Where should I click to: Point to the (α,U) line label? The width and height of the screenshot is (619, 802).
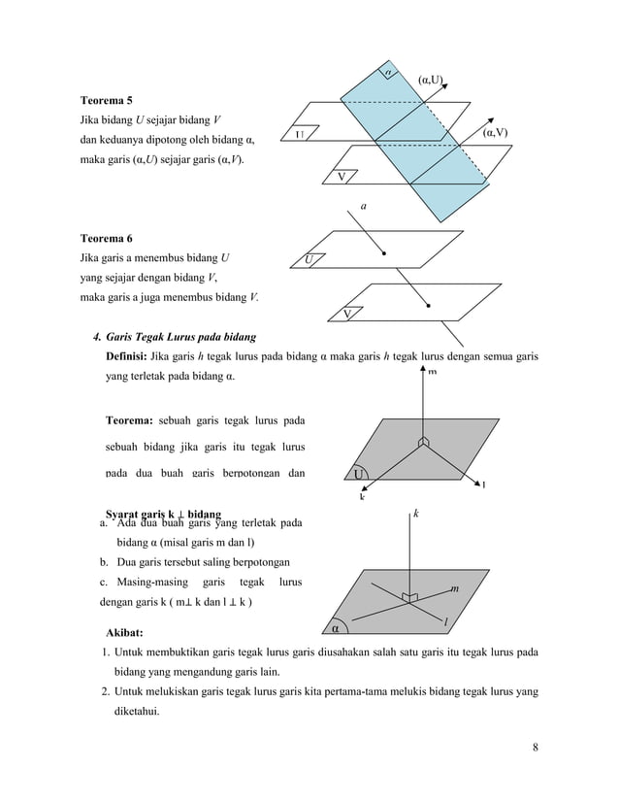pos(430,78)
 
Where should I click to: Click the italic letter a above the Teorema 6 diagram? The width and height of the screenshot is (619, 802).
pos(363,207)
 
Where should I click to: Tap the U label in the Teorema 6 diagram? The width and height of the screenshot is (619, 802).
pos(309,259)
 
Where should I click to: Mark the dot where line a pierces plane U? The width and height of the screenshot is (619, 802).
pos(385,252)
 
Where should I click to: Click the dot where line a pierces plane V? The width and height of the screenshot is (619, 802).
pos(426,304)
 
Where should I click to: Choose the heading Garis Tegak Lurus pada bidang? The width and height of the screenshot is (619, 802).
pos(181,337)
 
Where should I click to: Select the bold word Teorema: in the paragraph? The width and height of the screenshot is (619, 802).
pos(128,420)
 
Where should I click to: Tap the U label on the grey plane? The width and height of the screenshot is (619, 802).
pos(359,474)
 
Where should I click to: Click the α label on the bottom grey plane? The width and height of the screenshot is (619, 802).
pos(335,628)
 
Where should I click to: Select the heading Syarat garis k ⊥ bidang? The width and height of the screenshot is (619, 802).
pos(162,512)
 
